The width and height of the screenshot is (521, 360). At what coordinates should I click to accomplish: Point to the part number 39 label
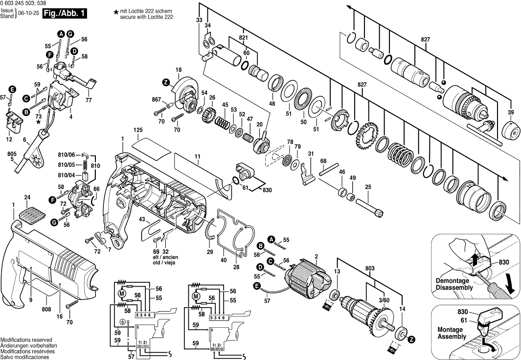[511, 112]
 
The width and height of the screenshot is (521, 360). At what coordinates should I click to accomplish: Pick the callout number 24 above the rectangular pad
[27, 198]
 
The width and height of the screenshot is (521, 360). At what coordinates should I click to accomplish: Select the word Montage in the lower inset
[448, 330]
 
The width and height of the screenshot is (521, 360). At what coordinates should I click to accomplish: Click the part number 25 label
[368, 186]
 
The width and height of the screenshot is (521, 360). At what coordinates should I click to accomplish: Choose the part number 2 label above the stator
[317, 256]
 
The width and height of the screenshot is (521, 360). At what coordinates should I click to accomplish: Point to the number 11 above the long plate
[197, 157]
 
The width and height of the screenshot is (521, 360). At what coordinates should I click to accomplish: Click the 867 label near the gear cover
[156, 100]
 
